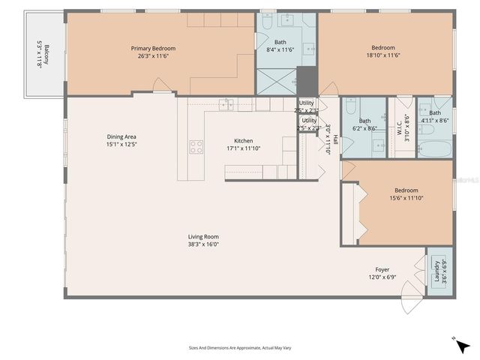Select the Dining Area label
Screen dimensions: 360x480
pos(121,136)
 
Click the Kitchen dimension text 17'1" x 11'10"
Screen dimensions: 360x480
pos(243,148)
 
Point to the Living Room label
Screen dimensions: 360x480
pos(203,237)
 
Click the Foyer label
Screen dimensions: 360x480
pos(382,269)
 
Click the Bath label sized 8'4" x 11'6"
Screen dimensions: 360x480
pos(280,42)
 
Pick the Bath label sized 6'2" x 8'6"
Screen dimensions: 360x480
pos(364,121)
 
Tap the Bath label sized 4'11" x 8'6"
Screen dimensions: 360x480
pos(435,112)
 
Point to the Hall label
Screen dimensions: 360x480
pos(335,139)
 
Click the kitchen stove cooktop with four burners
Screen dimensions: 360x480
pos(196,147)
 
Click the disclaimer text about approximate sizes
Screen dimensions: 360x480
pos(239,348)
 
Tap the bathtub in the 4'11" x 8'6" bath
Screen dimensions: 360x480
pos(436,148)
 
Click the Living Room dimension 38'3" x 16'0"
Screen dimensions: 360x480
pos(203,244)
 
